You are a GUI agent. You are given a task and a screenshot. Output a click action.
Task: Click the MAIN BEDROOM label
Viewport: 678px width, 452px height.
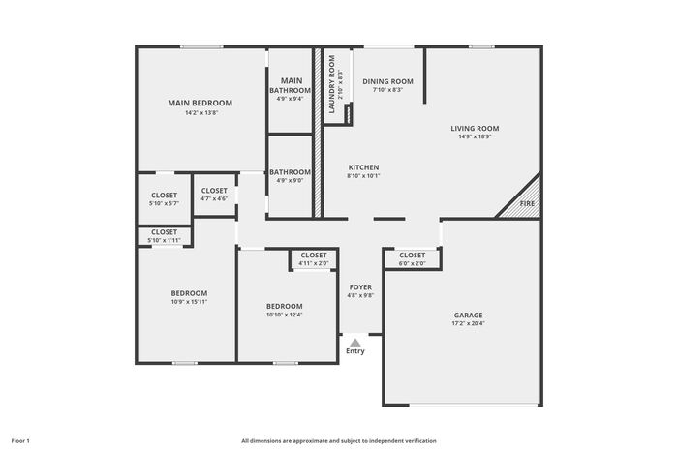[200, 103]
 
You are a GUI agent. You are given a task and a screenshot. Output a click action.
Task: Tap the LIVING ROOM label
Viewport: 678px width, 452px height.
[475, 129]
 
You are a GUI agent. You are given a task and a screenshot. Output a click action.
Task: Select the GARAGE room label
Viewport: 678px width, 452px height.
[468, 316]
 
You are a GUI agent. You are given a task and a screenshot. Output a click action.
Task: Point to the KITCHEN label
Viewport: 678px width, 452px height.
[363, 167]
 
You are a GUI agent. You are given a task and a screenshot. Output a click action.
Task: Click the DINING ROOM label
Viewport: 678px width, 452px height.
[387, 81]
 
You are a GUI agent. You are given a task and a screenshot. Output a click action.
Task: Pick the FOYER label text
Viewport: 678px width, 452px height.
[360, 287]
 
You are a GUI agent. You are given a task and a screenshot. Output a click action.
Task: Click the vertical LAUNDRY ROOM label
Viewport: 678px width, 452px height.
[332, 84]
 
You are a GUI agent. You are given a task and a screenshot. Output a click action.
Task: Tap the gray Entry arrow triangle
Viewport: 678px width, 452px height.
[355, 343]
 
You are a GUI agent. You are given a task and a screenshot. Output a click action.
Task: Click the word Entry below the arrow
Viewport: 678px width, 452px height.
[355, 351]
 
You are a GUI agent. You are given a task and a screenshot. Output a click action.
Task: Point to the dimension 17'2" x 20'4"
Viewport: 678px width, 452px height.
[468, 323]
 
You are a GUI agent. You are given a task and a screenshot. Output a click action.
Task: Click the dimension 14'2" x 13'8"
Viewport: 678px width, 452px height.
[201, 113]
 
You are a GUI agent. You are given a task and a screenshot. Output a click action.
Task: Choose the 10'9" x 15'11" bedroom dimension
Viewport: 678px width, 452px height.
[189, 302]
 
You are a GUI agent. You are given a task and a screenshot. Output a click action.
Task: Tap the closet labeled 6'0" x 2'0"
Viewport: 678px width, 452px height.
[413, 258]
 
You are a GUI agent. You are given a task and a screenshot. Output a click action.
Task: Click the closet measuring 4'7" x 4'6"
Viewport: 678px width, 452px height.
[214, 195]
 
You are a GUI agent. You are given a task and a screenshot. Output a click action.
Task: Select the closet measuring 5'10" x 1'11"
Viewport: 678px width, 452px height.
[165, 236]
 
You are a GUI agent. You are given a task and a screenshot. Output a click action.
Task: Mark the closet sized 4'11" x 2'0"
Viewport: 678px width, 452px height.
[314, 258]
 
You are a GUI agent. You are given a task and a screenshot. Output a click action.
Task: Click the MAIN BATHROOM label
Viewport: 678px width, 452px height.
[291, 85]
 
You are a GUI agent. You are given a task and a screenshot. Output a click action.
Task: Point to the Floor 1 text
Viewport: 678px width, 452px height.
[20, 441]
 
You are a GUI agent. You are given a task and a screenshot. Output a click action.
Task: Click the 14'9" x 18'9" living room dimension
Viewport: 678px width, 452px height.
[475, 136]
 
